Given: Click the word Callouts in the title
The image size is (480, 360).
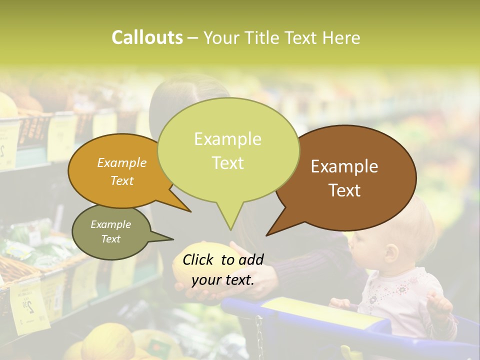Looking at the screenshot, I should pyautogui.click(x=147, y=38).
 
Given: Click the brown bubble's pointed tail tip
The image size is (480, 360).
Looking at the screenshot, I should pyautogui.click(x=266, y=235).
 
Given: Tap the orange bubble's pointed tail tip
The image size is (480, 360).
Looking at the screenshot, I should pyautogui.click(x=190, y=211).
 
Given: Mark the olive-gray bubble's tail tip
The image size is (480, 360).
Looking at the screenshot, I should pyautogui.click(x=173, y=239).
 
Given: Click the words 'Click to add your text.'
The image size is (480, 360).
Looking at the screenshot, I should pyautogui.click(x=223, y=269).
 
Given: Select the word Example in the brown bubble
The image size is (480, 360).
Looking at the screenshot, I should pyautogui.click(x=344, y=166).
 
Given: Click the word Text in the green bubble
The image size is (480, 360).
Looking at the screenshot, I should pyautogui.click(x=228, y=163).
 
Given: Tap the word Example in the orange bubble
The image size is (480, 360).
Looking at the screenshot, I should pyautogui.click(x=122, y=162).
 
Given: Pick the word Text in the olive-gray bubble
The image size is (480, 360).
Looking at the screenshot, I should pyautogui.click(x=111, y=239).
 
